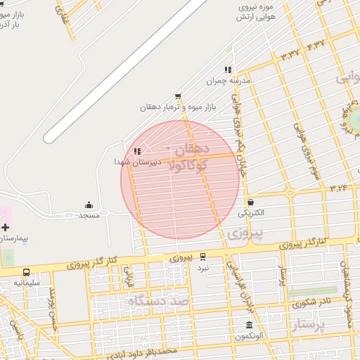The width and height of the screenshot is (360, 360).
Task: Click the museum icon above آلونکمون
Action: (250, 325)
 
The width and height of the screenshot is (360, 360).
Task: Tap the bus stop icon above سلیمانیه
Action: (26, 272)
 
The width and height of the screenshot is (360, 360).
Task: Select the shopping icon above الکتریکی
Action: (250, 202)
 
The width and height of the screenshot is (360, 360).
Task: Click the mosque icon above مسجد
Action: (89, 205)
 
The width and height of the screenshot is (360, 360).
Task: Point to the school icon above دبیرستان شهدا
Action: (138, 151)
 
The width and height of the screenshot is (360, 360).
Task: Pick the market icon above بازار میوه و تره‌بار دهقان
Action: (178, 96)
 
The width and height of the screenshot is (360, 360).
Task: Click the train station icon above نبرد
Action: (203, 257)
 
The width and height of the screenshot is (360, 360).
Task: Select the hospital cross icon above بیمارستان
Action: (6, 227)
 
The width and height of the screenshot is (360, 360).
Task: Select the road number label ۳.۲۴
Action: (338, 188)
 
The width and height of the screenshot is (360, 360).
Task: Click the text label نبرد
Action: (202, 268)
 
